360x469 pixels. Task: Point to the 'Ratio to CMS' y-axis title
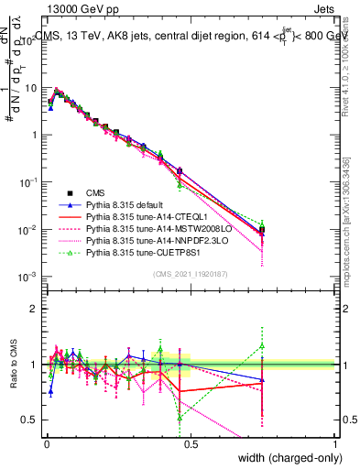12,364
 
